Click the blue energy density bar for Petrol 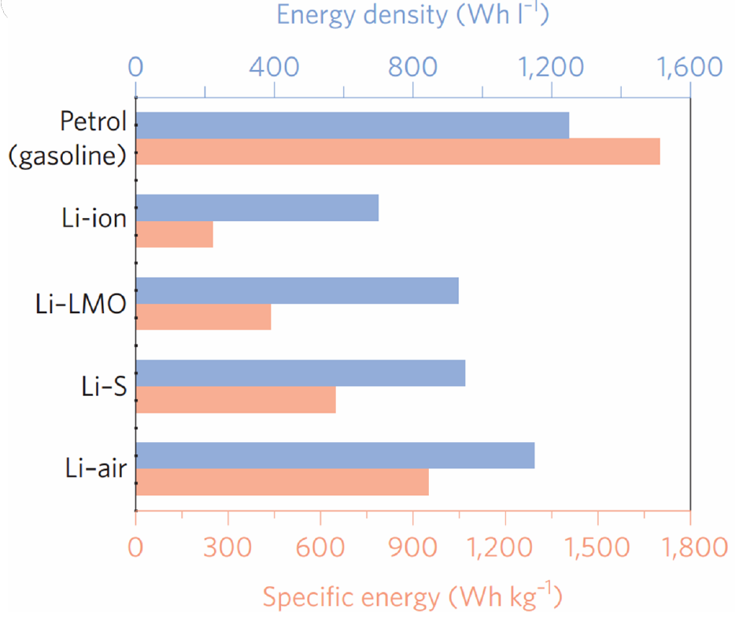pyautogui.click(x=353, y=125)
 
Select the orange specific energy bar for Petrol pyautogui.click(x=397, y=152)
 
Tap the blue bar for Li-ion pyautogui.click(x=257, y=208)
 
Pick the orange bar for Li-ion pyautogui.click(x=174, y=235)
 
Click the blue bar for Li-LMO pyautogui.click(x=297, y=290)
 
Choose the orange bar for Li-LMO pyautogui.click(x=203, y=317)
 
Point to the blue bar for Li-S pyautogui.click(x=301, y=373)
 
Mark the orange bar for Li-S pyautogui.click(x=235, y=400)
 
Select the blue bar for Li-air pyautogui.click(x=335, y=456)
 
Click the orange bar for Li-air pyautogui.click(x=282, y=482)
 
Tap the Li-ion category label pyautogui.click(x=94, y=218)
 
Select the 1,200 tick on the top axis pyautogui.click(x=551, y=67)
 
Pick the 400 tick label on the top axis pyautogui.click(x=274, y=67)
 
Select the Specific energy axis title pyautogui.click(x=412, y=597)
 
